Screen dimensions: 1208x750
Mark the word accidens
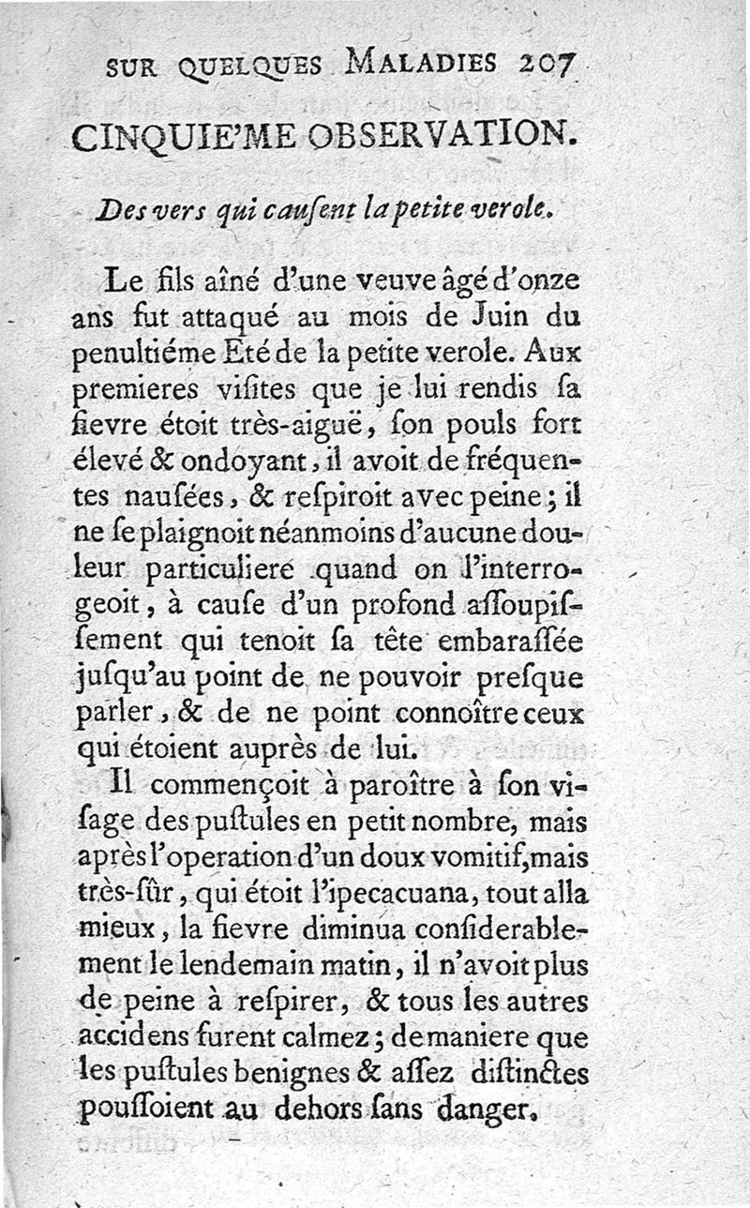[x=122, y=1039]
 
